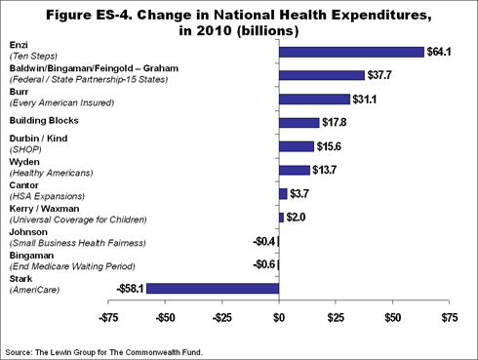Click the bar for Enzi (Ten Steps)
coord(351,52)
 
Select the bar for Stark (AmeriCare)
coord(213,288)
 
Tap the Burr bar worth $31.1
coord(314,99)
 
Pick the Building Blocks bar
coord(299,122)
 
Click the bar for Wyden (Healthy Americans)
coord(294,170)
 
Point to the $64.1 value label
coord(441,52)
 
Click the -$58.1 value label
coord(126,288)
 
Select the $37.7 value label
coord(381,75)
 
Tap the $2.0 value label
coord(298,217)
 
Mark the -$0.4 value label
coord(263,241)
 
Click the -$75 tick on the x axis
coord(110,317)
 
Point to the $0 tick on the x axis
coord(279,317)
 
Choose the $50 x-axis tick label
coord(392,317)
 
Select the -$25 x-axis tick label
coord(222,317)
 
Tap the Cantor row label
coord(23,183)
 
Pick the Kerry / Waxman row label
coord(43,209)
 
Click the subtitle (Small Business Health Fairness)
coord(78,243)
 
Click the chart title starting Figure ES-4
coord(239,19)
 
